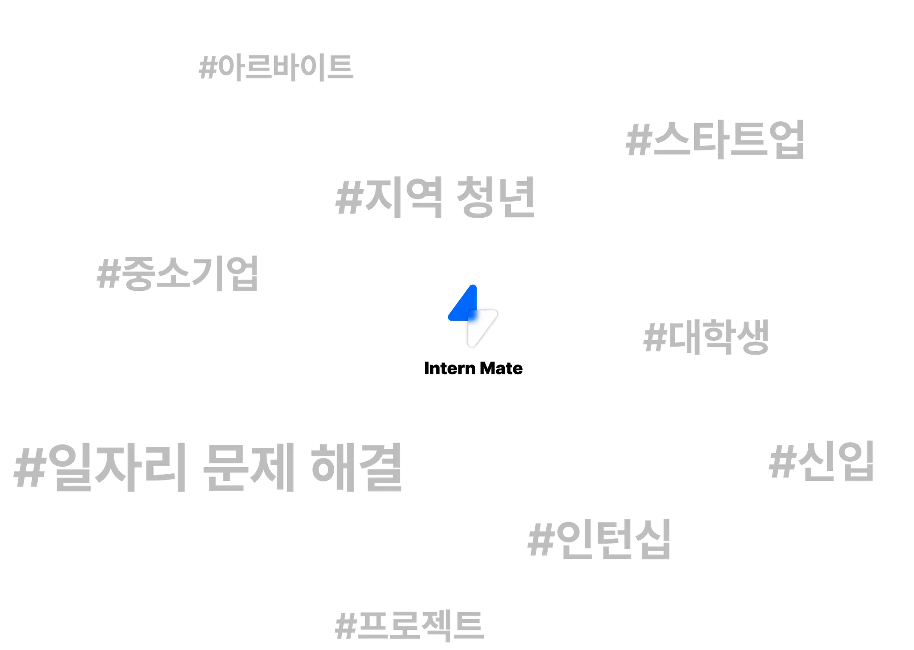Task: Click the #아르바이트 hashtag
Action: pyautogui.click(x=276, y=68)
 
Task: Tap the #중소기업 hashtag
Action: pyautogui.click(x=178, y=273)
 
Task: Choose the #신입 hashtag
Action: pyautogui.click(x=820, y=462)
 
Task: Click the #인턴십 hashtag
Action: pyautogui.click(x=598, y=538)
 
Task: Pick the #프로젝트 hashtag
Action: pyautogui.click(x=408, y=625)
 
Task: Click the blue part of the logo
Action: pyautogui.click(x=464, y=306)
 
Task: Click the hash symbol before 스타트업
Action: pyautogui.click(x=636, y=141)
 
